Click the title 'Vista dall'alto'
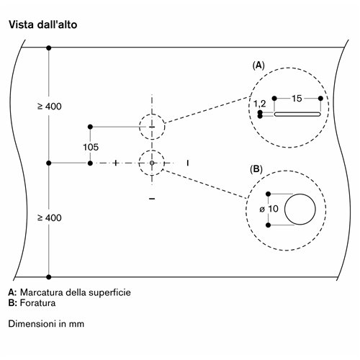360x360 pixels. [x=43, y=24]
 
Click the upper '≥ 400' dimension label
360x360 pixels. [x=50, y=107]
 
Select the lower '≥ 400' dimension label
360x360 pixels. [x=50, y=218]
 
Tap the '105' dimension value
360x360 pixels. [x=91, y=147]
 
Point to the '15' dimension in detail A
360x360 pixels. [x=297, y=99]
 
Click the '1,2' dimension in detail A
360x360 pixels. [x=260, y=104]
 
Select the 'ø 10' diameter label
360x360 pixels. [x=269, y=209]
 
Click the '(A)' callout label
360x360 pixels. [x=258, y=65]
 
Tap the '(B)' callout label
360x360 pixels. [x=256, y=169]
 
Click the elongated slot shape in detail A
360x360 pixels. [x=297, y=114]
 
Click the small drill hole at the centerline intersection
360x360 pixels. [x=152, y=163]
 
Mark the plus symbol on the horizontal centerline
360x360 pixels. [x=116, y=163]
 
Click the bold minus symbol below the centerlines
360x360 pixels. [x=152, y=199]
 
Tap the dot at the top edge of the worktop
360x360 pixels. [x=49, y=48]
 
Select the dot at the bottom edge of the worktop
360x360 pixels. [x=49, y=277]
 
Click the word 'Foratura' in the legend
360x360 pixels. [x=37, y=303]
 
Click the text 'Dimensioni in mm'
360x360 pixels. [x=46, y=324]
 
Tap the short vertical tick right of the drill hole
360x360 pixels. [x=188, y=163]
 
